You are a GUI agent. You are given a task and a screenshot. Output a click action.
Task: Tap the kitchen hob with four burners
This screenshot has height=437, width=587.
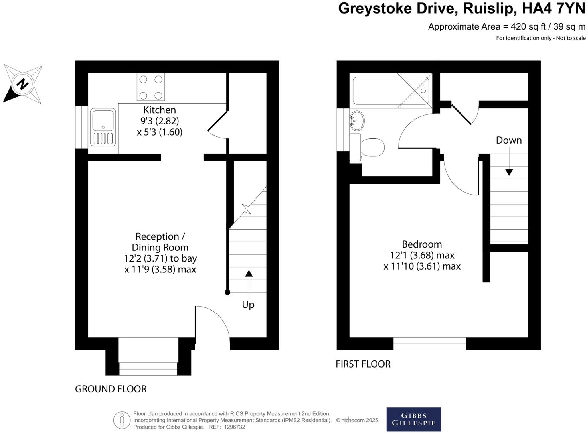pyautogui.click(x=150, y=87)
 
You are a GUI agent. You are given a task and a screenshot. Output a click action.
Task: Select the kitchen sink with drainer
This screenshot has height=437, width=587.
pyautogui.click(x=103, y=126)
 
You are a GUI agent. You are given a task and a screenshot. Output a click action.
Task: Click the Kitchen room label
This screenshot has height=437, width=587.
pyautogui.click(x=160, y=110)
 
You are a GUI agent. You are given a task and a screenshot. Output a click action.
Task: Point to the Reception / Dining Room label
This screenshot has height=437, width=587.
pyautogui.click(x=160, y=242)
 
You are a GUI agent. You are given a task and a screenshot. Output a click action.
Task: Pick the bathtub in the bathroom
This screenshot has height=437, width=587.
pyautogui.click(x=390, y=91)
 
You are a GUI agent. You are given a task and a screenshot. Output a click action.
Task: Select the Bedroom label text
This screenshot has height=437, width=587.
pyautogui.click(x=422, y=244)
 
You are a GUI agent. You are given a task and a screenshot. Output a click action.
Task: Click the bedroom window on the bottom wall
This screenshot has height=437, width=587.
pyautogui.click(x=429, y=344)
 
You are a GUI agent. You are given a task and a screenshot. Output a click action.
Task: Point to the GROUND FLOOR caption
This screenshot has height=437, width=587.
pyautogui.click(x=111, y=389)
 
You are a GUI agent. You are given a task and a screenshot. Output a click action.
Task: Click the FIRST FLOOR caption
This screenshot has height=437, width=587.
pyautogui.click(x=363, y=364)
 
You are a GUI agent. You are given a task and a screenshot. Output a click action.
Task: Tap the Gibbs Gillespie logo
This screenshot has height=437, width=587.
pyautogui.click(x=413, y=419)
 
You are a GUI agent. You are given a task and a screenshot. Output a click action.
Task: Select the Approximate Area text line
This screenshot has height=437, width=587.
pyautogui.click(x=506, y=27)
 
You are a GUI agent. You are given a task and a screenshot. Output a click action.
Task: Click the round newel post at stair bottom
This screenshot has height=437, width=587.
pyautogui.click(x=227, y=292)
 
